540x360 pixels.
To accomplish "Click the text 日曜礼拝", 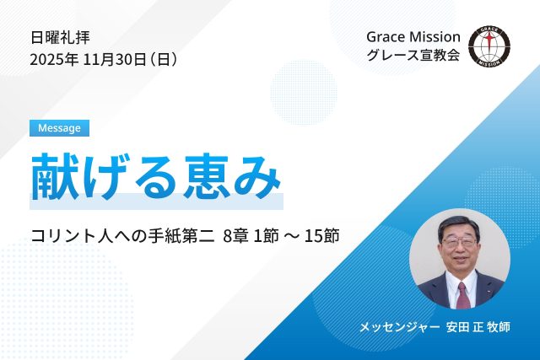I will pyautogui.click(x=60, y=37).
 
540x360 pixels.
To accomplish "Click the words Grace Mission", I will pyautogui.click(x=413, y=37).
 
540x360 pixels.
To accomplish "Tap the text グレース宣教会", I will pyautogui.click(x=413, y=59).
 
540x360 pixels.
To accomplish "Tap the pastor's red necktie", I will pyautogui.click(x=462, y=294).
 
